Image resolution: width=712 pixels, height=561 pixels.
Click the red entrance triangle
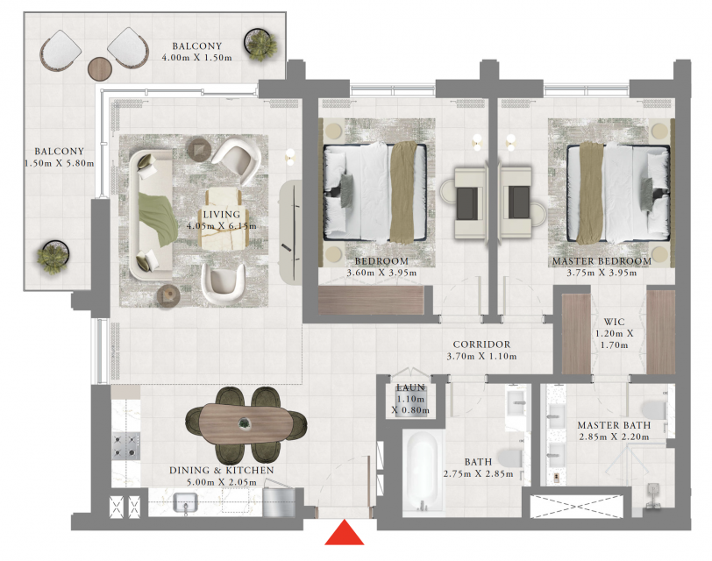pos(345,532)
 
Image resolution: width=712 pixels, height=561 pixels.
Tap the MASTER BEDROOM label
pos(602,261)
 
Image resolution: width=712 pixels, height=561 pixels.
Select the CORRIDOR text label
pos(481,344)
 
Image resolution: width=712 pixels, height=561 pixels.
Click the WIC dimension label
pos(614,339)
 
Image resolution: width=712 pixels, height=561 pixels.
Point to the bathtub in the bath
pos(423,472)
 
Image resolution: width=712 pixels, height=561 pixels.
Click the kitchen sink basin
pos(185,502)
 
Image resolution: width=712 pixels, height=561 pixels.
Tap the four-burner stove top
pos(125,445)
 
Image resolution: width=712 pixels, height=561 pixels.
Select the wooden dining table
pos(246,423)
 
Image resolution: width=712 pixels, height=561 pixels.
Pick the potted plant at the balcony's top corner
pos(260,44)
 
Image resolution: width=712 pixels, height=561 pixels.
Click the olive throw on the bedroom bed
pos(403,193)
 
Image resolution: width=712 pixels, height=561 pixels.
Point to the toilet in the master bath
pos(655,410)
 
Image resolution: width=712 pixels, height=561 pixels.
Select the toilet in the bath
pos(510,458)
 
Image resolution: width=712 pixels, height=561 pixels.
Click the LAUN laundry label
pos(410,387)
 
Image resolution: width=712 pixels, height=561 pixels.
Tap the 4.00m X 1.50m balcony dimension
pos(196,58)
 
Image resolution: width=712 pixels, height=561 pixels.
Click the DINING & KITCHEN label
pos(222,470)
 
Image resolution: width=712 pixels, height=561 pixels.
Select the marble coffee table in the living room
pos(224,220)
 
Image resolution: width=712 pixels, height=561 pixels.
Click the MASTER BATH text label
pos(614,425)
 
